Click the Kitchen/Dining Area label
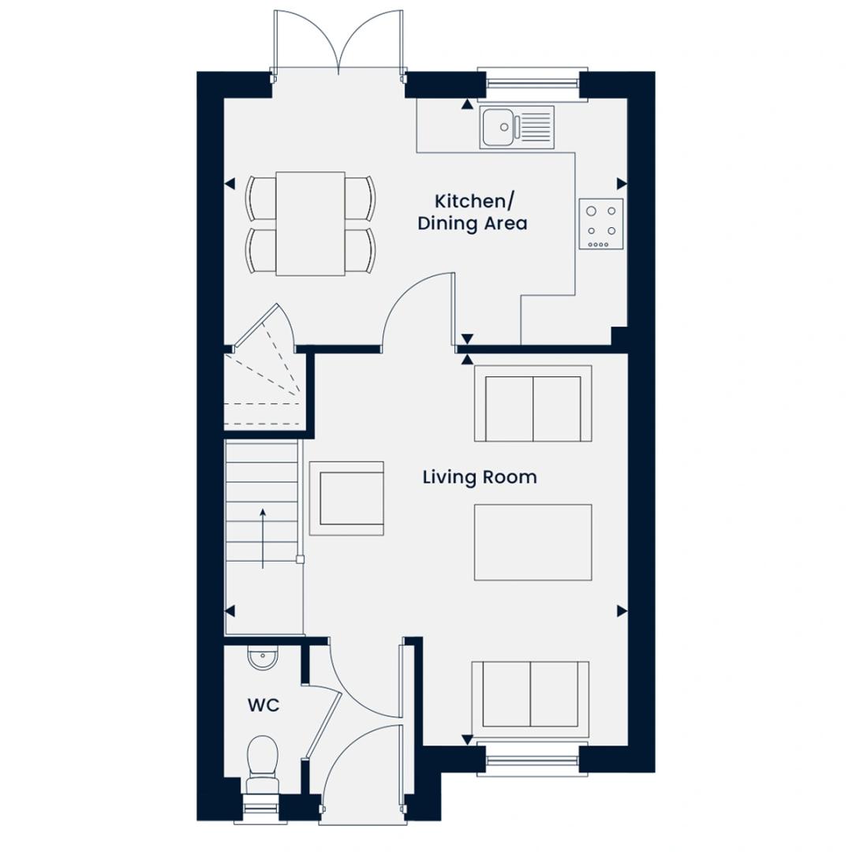pos(472,212)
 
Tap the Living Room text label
pos(480,477)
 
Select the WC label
pos(263,705)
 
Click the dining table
pos(310,223)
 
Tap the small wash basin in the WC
pos(262,657)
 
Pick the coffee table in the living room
pos(532,542)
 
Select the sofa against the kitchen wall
pos(533,404)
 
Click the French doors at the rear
pos(338,43)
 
